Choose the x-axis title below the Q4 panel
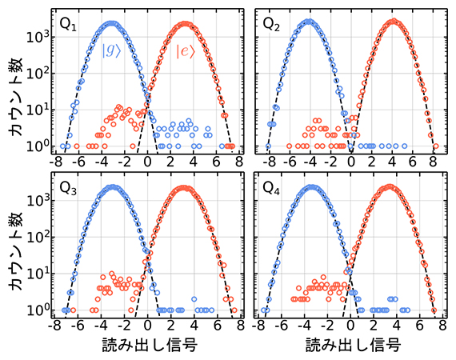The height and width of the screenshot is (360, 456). (351, 345)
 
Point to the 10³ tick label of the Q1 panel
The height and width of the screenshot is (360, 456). (42, 37)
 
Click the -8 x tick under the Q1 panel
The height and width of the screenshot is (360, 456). (54, 162)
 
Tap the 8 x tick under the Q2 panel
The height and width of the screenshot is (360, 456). (433, 162)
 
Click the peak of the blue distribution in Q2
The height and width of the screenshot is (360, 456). (308, 22)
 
